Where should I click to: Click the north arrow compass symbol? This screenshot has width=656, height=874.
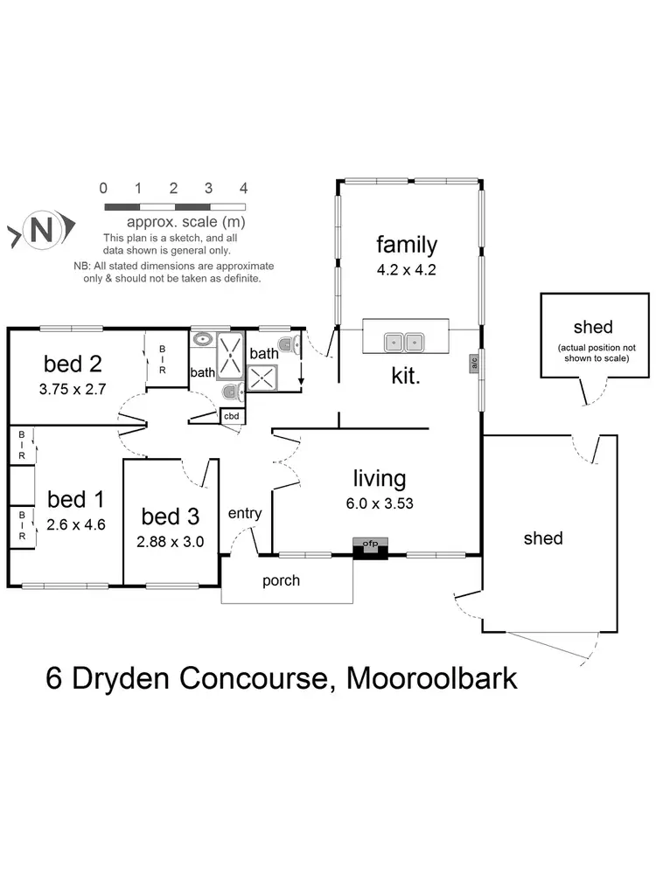coord(39,230)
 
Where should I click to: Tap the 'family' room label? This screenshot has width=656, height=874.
coord(406,245)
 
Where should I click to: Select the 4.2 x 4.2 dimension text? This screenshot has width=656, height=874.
coord(406,269)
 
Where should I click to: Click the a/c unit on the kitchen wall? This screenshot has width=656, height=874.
coord(473,363)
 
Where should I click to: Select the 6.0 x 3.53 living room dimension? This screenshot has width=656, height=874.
coord(380,503)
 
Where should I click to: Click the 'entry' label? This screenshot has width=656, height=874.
coord(245,513)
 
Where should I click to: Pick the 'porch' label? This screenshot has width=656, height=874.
coord(281,580)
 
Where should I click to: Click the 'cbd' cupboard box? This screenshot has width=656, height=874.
coord(232,416)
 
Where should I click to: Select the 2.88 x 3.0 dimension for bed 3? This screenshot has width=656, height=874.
coord(171,541)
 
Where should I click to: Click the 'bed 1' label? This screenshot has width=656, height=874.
coord(75,500)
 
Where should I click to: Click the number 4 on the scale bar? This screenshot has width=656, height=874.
coord(244,188)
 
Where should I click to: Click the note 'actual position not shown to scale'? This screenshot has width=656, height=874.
coord(593,352)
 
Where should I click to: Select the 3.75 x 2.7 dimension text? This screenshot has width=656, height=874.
coord(73,390)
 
